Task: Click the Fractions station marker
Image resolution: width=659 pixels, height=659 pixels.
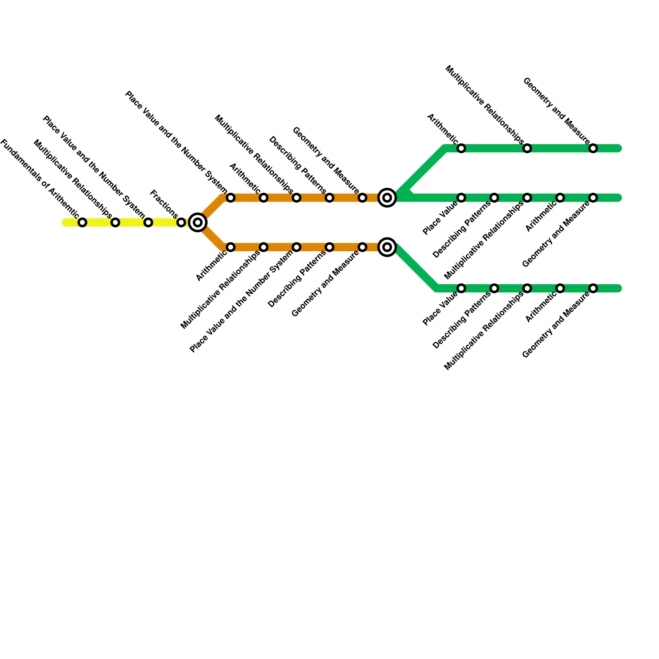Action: [181, 222]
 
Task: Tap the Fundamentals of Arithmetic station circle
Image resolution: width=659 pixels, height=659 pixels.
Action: [82, 222]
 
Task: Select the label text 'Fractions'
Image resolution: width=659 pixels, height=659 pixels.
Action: [164, 204]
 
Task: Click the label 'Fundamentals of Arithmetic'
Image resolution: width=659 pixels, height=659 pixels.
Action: [39, 178]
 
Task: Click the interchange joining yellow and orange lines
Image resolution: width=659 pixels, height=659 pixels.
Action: [198, 222]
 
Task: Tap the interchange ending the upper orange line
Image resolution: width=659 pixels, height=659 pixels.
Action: [387, 198]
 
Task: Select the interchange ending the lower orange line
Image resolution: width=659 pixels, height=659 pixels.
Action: [387, 247]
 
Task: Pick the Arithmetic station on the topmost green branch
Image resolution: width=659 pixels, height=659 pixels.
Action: [461, 148]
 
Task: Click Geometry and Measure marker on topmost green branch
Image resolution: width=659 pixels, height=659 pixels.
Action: [593, 148]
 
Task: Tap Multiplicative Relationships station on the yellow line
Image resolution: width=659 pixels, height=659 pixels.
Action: [115, 222]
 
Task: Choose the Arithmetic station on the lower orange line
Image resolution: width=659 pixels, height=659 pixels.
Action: [231, 247]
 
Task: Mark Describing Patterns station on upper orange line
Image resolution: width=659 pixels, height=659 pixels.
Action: [329, 198]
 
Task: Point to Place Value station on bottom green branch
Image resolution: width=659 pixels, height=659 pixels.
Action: [461, 288]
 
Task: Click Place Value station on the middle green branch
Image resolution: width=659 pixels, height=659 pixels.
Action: [461, 198]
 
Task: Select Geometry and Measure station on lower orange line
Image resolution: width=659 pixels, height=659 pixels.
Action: [362, 247]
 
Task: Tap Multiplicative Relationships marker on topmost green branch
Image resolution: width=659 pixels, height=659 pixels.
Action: [527, 148]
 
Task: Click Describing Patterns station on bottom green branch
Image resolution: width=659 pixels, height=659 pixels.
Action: [494, 288]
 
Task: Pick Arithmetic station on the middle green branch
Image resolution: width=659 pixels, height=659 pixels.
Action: [560, 198]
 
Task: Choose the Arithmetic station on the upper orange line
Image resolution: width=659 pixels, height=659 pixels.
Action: [264, 198]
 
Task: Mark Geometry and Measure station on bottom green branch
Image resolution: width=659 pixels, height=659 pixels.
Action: [593, 288]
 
